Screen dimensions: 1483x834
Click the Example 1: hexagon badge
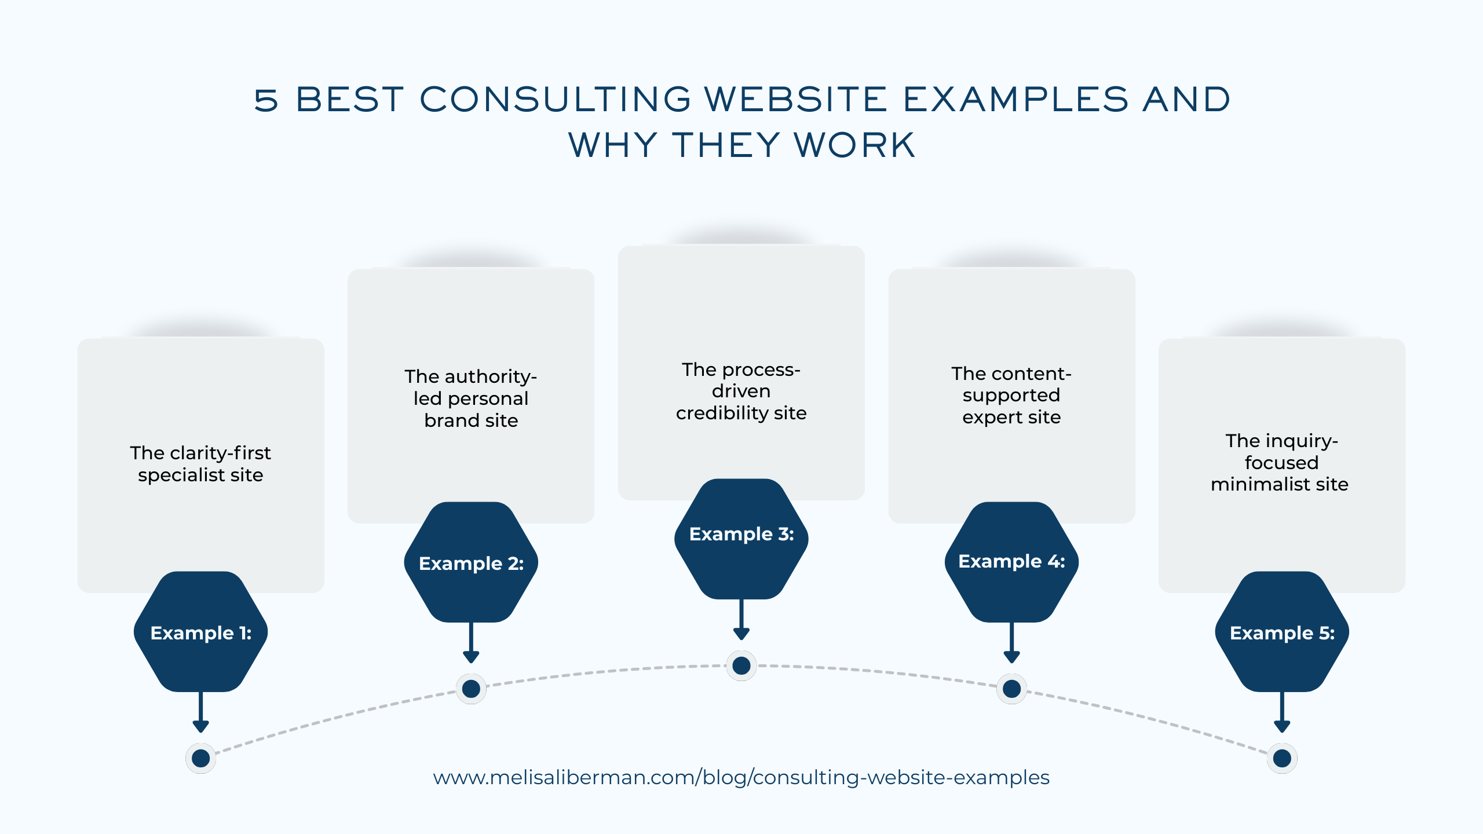pyautogui.click(x=200, y=631)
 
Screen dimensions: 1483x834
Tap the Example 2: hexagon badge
pyautogui.click(x=471, y=562)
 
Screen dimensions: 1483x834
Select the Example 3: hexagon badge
pyautogui.click(x=741, y=539)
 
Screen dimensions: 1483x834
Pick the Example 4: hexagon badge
pyautogui.click(x=1011, y=562)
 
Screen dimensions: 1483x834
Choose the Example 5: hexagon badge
pyautogui.click(x=1282, y=631)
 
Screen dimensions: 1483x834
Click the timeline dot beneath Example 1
pyautogui.click(x=200, y=758)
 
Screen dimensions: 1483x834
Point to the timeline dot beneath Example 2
pyautogui.click(x=471, y=689)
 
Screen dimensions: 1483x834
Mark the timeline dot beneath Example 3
pyautogui.click(x=741, y=665)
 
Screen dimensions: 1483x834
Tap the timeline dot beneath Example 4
pyautogui.click(x=1011, y=689)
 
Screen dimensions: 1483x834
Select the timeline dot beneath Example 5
pyautogui.click(x=1282, y=758)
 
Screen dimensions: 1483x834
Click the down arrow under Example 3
pyautogui.click(x=741, y=620)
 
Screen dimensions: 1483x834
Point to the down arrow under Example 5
pyautogui.click(x=1282, y=712)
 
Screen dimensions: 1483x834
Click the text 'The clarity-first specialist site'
pyautogui.click(x=200, y=463)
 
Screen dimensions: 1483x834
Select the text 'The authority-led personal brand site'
pyautogui.click(x=471, y=398)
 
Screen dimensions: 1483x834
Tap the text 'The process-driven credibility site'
pyautogui.click(x=741, y=391)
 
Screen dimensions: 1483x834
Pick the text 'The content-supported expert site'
pyautogui.click(x=1011, y=395)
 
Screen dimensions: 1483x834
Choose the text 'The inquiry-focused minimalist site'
pyautogui.click(x=1280, y=462)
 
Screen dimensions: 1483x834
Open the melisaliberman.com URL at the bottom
pyautogui.click(x=741, y=777)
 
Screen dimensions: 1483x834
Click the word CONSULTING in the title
pyautogui.click(x=555, y=99)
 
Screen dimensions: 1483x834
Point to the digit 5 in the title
pyautogui.click(x=266, y=100)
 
